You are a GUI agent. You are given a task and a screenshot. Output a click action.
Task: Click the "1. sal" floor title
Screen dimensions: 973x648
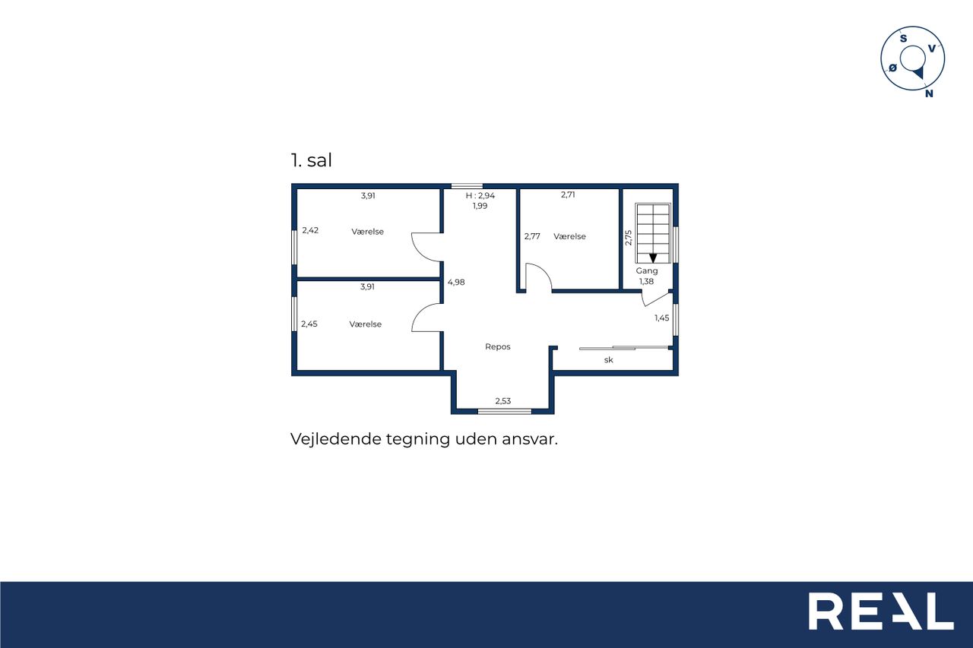pyautogui.click(x=311, y=160)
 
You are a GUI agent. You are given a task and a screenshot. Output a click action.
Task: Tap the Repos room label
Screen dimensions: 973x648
pyautogui.click(x=498, y=346)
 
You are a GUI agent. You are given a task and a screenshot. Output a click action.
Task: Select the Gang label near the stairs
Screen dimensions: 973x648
pyautogui.click(x=647, y=271)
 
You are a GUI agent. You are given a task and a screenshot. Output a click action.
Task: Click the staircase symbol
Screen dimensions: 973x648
pyautogui.click(x=653, y=233)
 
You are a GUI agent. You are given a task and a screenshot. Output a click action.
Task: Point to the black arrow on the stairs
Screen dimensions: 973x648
pyautogui.click(x=653, y=258)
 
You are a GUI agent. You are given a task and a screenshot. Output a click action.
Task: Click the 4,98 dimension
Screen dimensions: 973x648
pyautogui.click(x=456, y=282)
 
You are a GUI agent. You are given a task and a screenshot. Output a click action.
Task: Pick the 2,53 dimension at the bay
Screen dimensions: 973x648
pyautogui.click(x=503, y=401)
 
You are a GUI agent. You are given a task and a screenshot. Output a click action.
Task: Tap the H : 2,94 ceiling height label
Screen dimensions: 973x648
pyautogui.click(x=480, y=196)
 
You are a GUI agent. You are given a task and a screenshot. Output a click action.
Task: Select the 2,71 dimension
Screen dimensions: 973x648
pyautogui.click(x=568, y=195)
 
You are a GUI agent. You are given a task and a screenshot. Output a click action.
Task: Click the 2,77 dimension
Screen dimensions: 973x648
pyautogui.click(x=532, y=236)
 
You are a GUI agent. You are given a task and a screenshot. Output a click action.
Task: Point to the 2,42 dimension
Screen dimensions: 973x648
pyautogui.click(x=310, y=230)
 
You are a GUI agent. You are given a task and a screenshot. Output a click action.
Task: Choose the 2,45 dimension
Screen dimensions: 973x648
pyautogui.click(x=309, y=324)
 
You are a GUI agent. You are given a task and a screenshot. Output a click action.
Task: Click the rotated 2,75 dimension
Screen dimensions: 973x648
pyautogui.click(x=628, y=238)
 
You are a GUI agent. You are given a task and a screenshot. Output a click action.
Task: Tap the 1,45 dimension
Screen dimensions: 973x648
pyautogui.click(x=661, y=318)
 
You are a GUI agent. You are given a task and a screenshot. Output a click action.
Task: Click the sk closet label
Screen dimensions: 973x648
pyautogui.click(x=609, y=360)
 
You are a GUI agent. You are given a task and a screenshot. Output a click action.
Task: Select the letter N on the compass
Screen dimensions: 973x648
pyautogui.click(x=929, y=93)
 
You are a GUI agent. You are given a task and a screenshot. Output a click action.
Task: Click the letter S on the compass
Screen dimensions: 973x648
pyautogui.click(x=904, y=39)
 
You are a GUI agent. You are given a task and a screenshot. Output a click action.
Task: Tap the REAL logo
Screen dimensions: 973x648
pyautogui.click(x=881, y=611)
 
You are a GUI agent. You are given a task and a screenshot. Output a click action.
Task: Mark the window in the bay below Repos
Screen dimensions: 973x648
pyautogui.click(x=505, y=412)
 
